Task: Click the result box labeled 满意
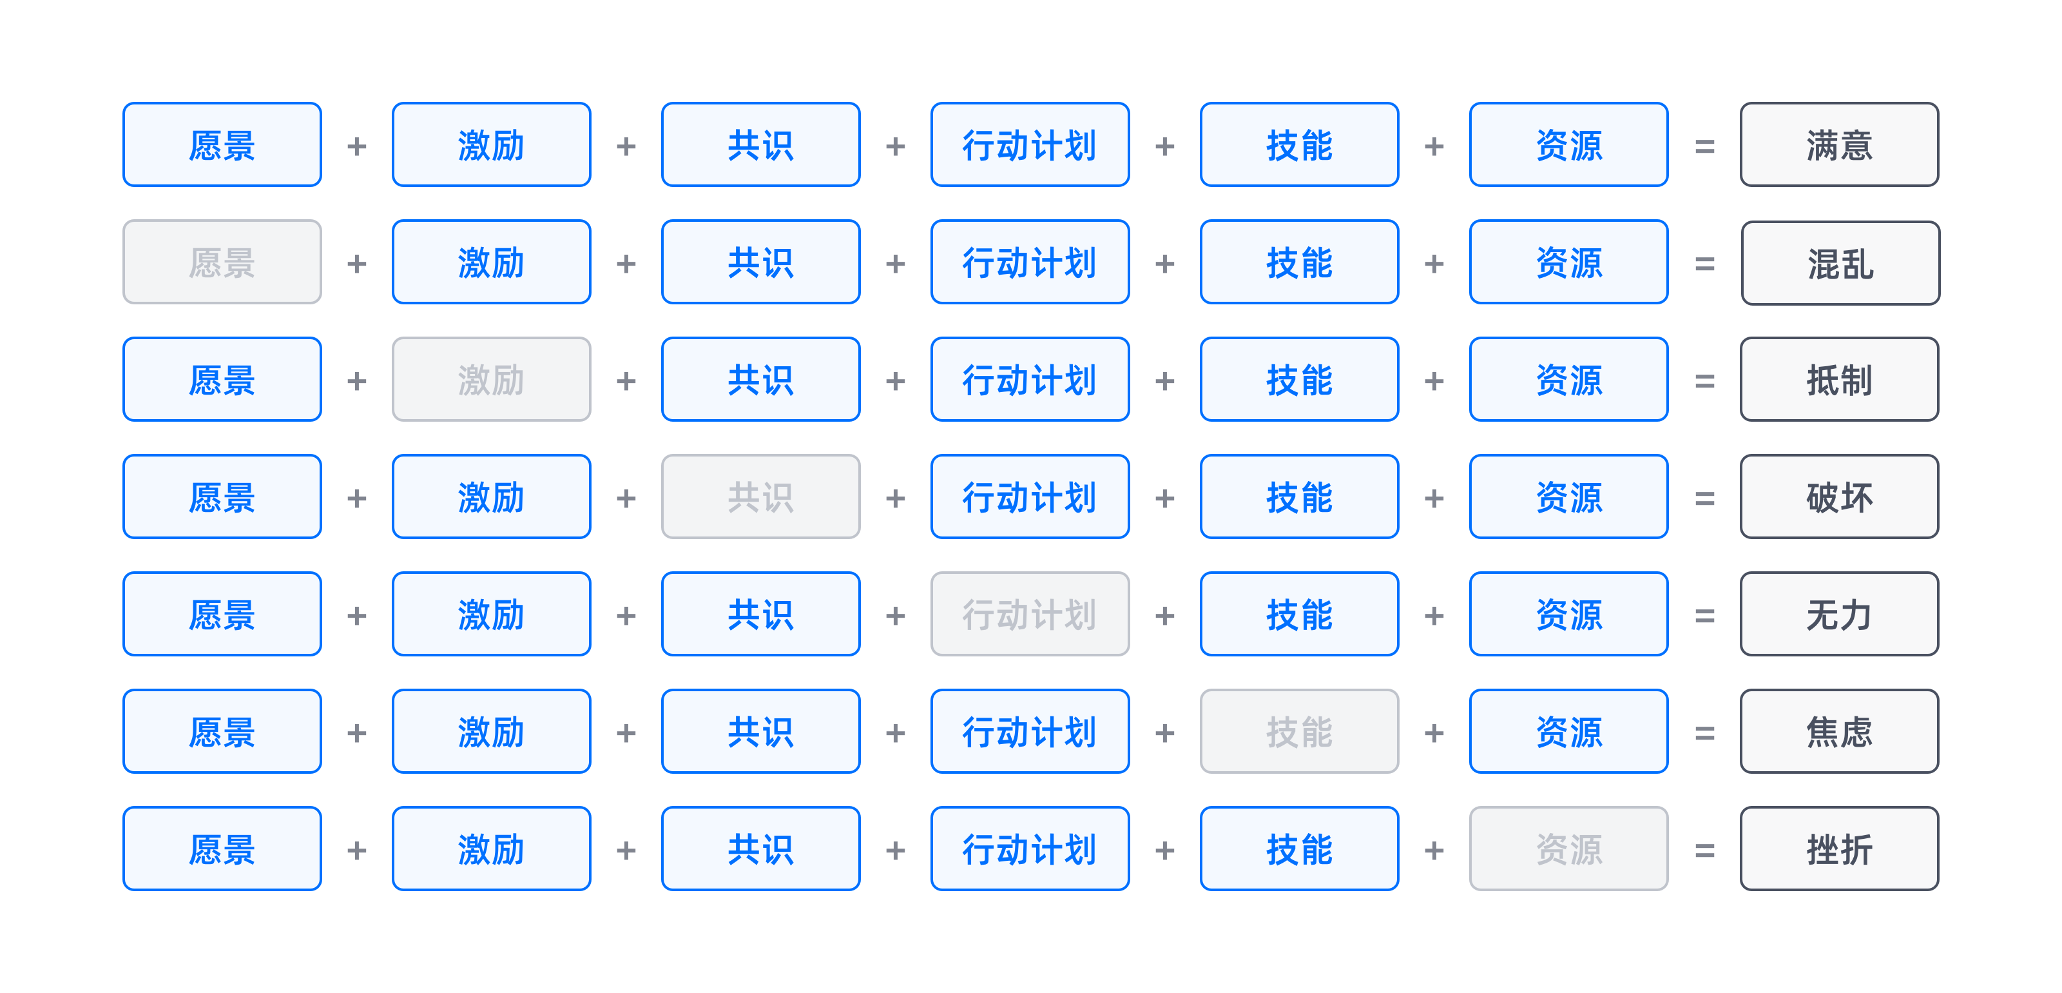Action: pos(1838,145)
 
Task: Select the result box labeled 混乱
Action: pos(1840,262)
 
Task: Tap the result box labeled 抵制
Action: pos(1838,380)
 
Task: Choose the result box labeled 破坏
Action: pos(1838,497)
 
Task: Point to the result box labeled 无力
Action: pos(1838,614)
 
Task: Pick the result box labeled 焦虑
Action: pos(1838,732)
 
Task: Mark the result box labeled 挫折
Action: pos(1838,849)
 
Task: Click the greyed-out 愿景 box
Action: pos(222,262)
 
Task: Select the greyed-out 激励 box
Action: pos(490,380)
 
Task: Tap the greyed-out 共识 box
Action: pos(760,497)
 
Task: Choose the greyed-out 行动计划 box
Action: pos(1030,614)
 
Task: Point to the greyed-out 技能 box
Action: pos(1299,732)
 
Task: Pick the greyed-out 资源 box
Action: pos(1568,849)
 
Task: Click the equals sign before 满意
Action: pos(1704,146)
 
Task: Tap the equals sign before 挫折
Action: pos(1704,850)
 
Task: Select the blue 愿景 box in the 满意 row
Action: pos(222,145)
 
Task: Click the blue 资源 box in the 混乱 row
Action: pos(1568,262)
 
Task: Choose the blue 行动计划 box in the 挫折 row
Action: pos(1030,849)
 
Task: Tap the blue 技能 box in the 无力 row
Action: pos(1299,614)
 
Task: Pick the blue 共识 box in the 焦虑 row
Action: pos(760,732)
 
